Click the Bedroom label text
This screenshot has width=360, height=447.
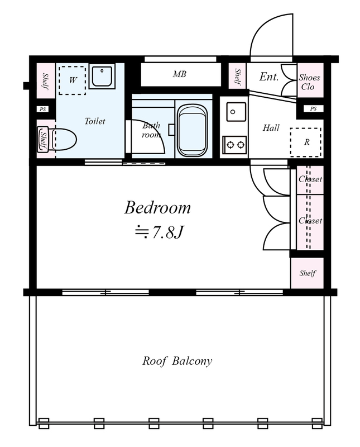(157, 207)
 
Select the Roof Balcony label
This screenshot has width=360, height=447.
(177, 361)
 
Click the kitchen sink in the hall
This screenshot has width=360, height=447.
(237, 112)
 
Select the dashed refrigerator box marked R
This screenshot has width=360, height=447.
(306, 142)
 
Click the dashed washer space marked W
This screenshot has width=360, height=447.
(73, 80)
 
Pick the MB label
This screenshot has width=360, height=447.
(179, 74)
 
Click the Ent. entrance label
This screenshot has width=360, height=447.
(268, 77)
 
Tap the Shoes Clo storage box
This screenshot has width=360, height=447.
(310, 80)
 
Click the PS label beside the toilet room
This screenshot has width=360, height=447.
(43, 109)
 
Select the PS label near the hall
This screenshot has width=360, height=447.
(313, 108)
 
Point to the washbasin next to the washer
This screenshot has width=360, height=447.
(102, 77)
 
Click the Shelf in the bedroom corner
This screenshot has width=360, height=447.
(308, 273)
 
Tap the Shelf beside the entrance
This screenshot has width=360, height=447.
(238, 76)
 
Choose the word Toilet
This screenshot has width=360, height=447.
(95, 121)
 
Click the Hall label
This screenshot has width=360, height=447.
(271, 128)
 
